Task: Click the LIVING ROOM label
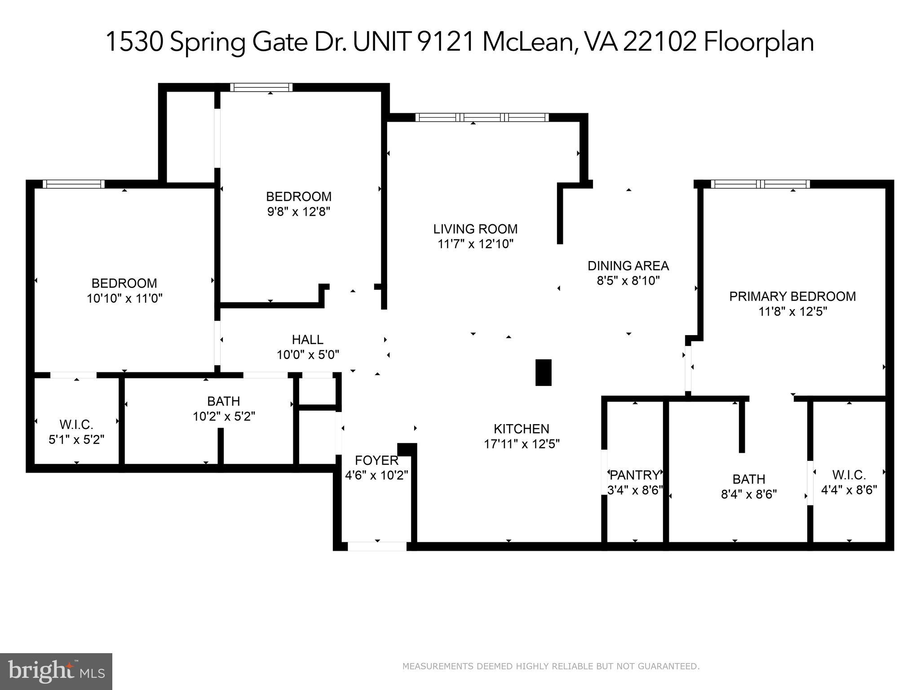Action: [475, 229]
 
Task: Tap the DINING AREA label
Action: [628, 266]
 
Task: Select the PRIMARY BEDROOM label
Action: [792, 296]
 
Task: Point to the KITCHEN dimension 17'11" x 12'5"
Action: [522, 444]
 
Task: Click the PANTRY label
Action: [634, 475]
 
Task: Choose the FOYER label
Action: [376, 460]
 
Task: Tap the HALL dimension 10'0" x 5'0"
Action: [308, 355]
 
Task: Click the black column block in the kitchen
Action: [543, 372]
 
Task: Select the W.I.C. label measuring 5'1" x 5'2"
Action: [76, 425]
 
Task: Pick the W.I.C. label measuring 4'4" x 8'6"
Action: [849, 475]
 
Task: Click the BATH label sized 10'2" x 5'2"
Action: [223, 401]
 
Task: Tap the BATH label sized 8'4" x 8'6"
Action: [748, 479]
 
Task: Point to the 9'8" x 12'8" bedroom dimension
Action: [299, 212]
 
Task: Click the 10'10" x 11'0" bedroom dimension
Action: [124, 298]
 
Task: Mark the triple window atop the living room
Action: [482, 117]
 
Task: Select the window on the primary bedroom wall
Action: [760, 184]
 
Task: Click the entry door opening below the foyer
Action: [377, 547]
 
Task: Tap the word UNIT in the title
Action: [381, 42]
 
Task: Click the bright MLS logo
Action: [56, 672]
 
